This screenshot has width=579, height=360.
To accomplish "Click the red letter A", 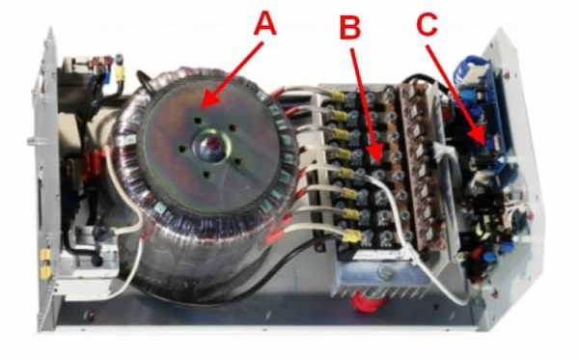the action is pyautogui.click(x=265, y=23).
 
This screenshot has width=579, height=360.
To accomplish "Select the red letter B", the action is pyautogui.click(x=350, y=27).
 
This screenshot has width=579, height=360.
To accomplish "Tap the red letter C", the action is pyautogui.click(x=427, y=25).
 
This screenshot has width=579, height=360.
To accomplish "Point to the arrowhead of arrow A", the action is pyautogui.click(x=203, y=107).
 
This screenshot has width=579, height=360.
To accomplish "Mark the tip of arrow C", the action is pyautogui.click(x=485, y=145).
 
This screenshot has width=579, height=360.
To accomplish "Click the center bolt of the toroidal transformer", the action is pyautogui.click(x=210, y=145).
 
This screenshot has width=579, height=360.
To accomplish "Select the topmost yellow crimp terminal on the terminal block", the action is pyautogui.click(x=336, y=97).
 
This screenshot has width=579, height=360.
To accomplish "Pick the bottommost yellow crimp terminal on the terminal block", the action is pyautogui.click(x=351, y=236).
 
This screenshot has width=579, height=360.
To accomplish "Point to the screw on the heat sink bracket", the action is pyautogui.click(x=384, y=273).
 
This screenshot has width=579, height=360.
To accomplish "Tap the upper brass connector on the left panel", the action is pyautogui.click(x=45, y=254).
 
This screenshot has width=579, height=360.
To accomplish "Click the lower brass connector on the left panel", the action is pyautogui.click(x=45, y=272).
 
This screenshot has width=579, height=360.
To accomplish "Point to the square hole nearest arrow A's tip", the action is pyautogui.click(x=198, y=121).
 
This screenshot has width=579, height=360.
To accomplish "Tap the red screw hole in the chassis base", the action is pyautogui.click(x=90, y=316).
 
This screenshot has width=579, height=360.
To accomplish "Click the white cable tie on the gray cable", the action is pyautogui.click(x=412, y=256).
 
